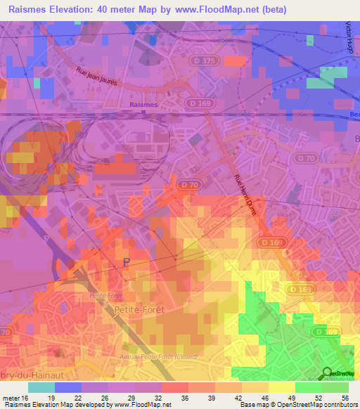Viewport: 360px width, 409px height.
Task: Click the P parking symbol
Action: point(127,262)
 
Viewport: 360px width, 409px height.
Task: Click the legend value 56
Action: point(345,397)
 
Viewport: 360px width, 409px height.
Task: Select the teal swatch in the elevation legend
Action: point(41,387)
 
